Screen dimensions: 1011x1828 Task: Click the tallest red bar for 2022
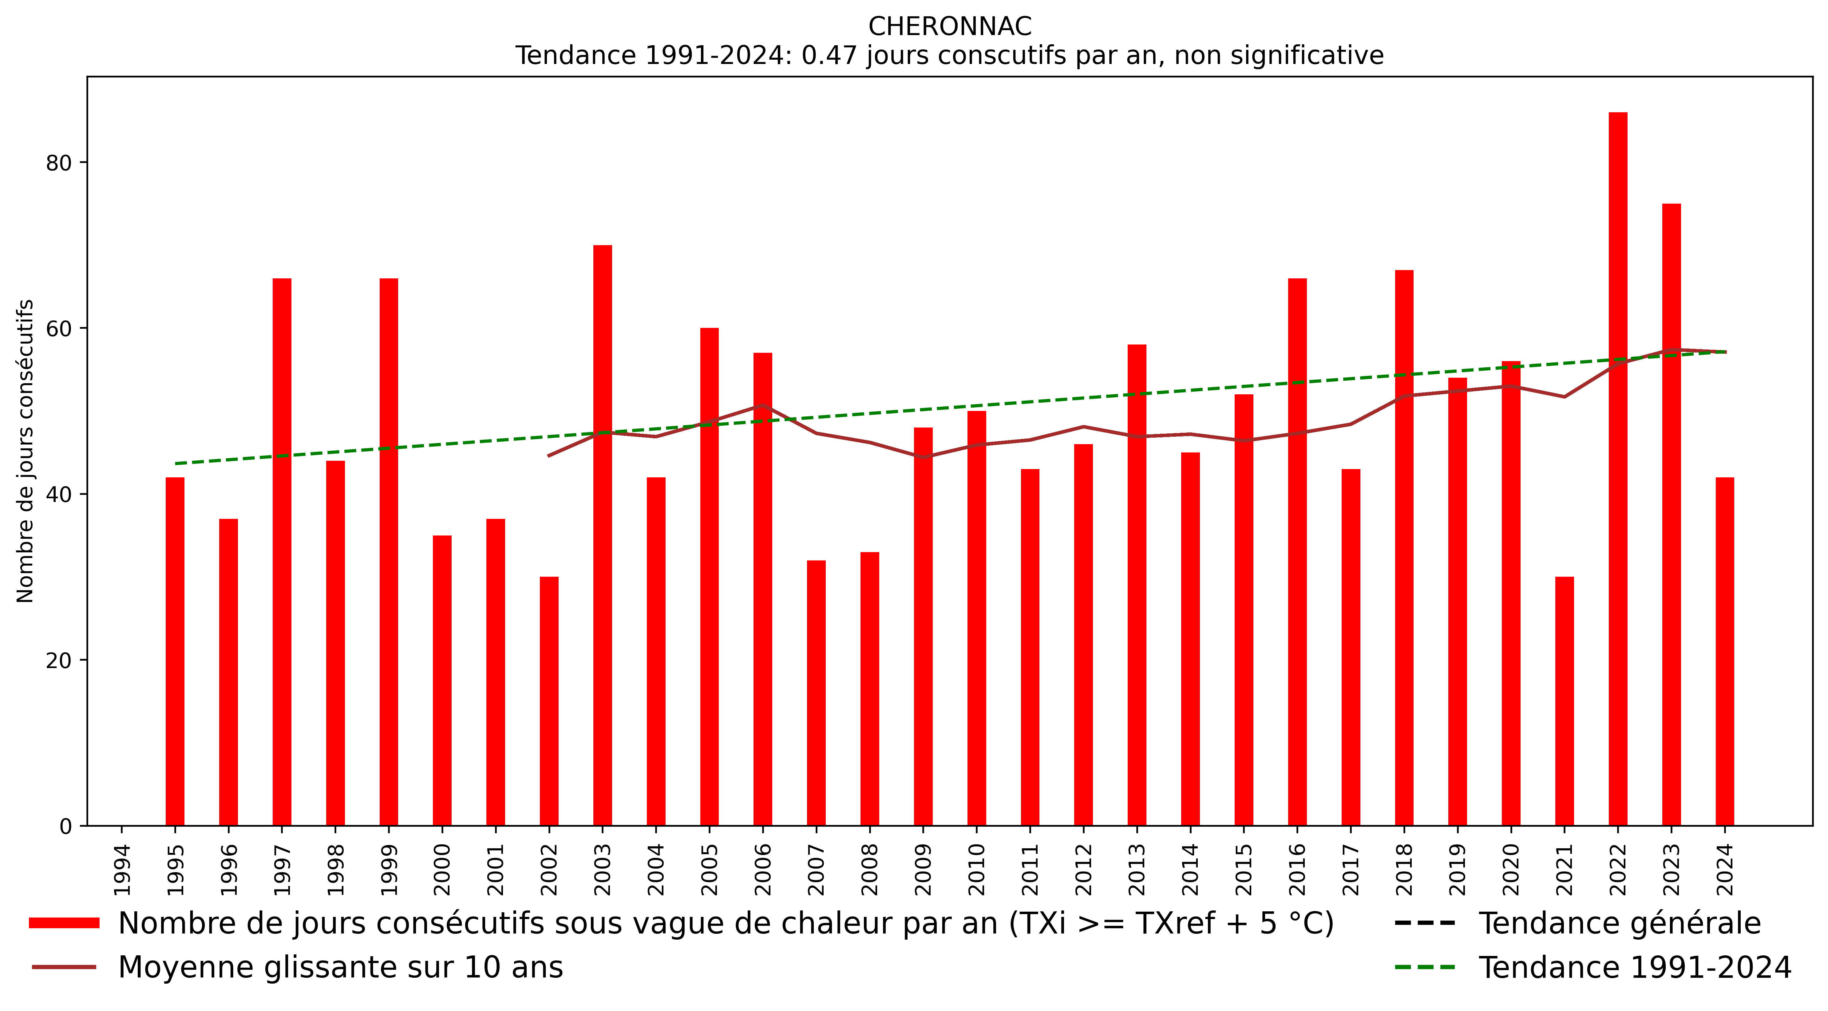(1618, 468)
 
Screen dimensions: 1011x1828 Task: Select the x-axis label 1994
(122, 870)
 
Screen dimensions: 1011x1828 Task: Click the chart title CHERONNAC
(949, 26)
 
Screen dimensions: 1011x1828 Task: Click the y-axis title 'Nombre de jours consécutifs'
(26, 451)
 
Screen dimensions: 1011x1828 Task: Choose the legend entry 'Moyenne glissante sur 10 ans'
(341, 968)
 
